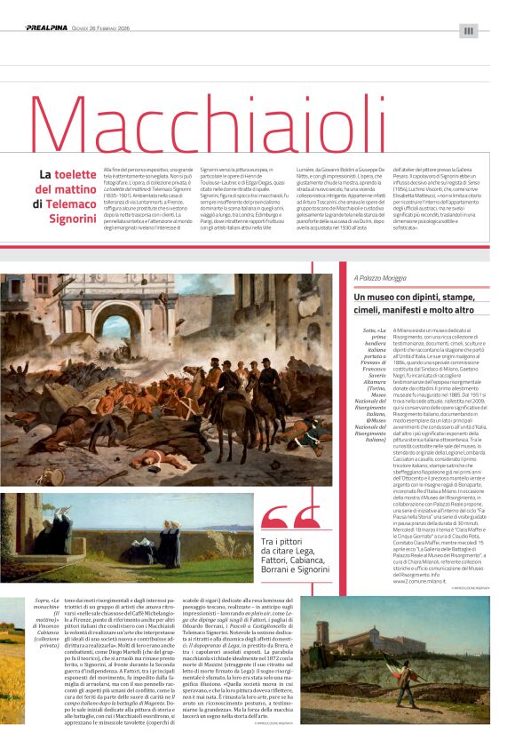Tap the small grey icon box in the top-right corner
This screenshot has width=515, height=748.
tap(469, 31)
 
